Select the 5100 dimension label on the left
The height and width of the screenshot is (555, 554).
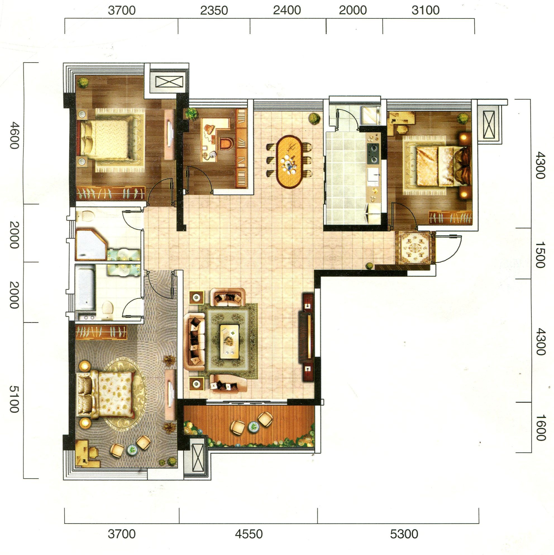coord(14,399)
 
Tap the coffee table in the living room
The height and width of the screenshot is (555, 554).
coord(230,341)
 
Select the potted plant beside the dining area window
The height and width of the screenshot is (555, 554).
coord(314,118)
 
